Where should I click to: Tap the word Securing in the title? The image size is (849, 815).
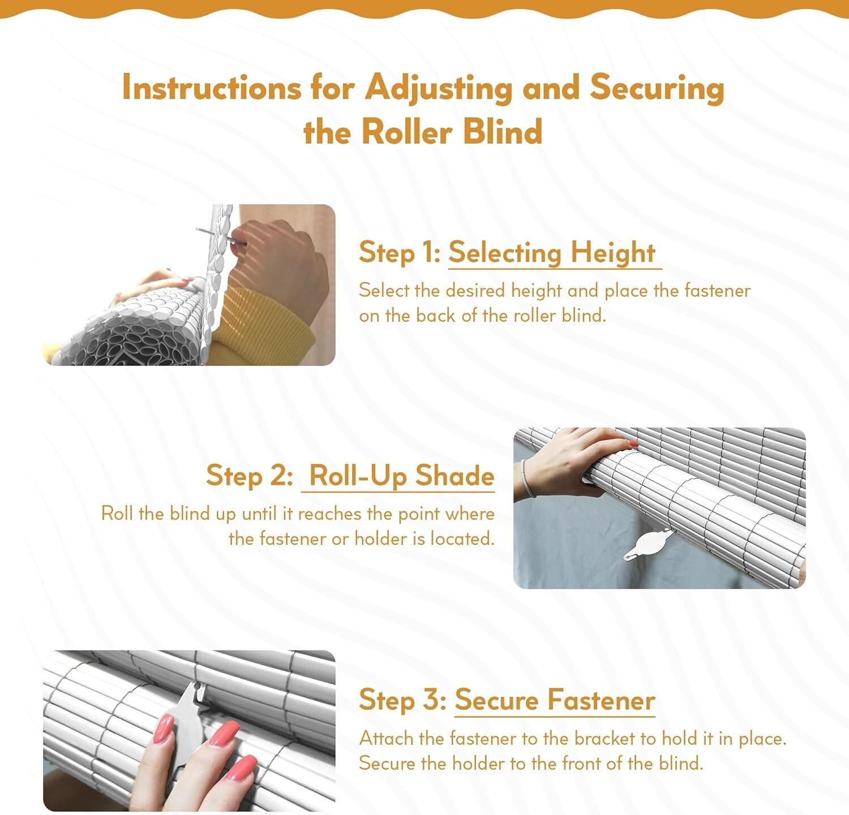[657, 88]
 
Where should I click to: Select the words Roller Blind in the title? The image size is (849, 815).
[451, 132]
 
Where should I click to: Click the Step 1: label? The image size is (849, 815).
[399, 252]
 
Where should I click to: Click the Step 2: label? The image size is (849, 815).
[249, 475]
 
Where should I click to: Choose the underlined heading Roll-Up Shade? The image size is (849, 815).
[401, 475]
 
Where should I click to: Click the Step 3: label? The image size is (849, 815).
[402, 700]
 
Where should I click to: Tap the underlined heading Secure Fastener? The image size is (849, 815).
[555, 700]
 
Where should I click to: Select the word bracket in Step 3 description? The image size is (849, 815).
[604, 739]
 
